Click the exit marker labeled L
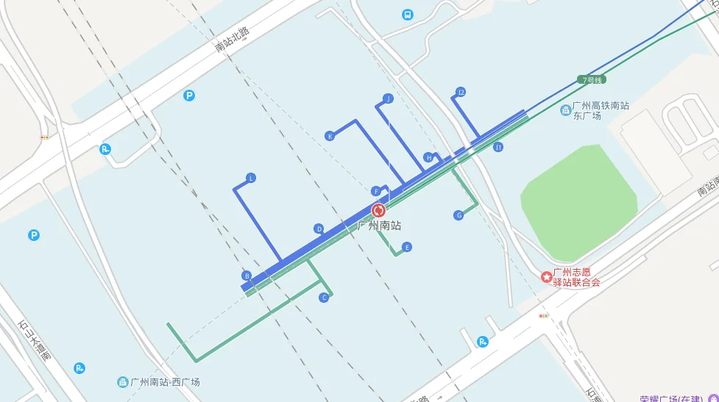[251, 179]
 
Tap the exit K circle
[330, 136]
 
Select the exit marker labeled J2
[461, 93]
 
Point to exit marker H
[428, 157]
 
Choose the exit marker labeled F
[376, 191]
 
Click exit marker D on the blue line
[319, 229]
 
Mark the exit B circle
[247, 276]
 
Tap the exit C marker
[323, 298]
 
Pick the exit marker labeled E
[407, 247]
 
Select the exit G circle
[458, 215]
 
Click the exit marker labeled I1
[498, 147]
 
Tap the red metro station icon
[379, 210]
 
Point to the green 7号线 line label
[592, 79]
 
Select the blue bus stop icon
[408, 15]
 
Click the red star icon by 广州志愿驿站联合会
[547, 276]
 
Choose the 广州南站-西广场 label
[165, 382]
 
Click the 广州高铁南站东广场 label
[601, 110]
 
